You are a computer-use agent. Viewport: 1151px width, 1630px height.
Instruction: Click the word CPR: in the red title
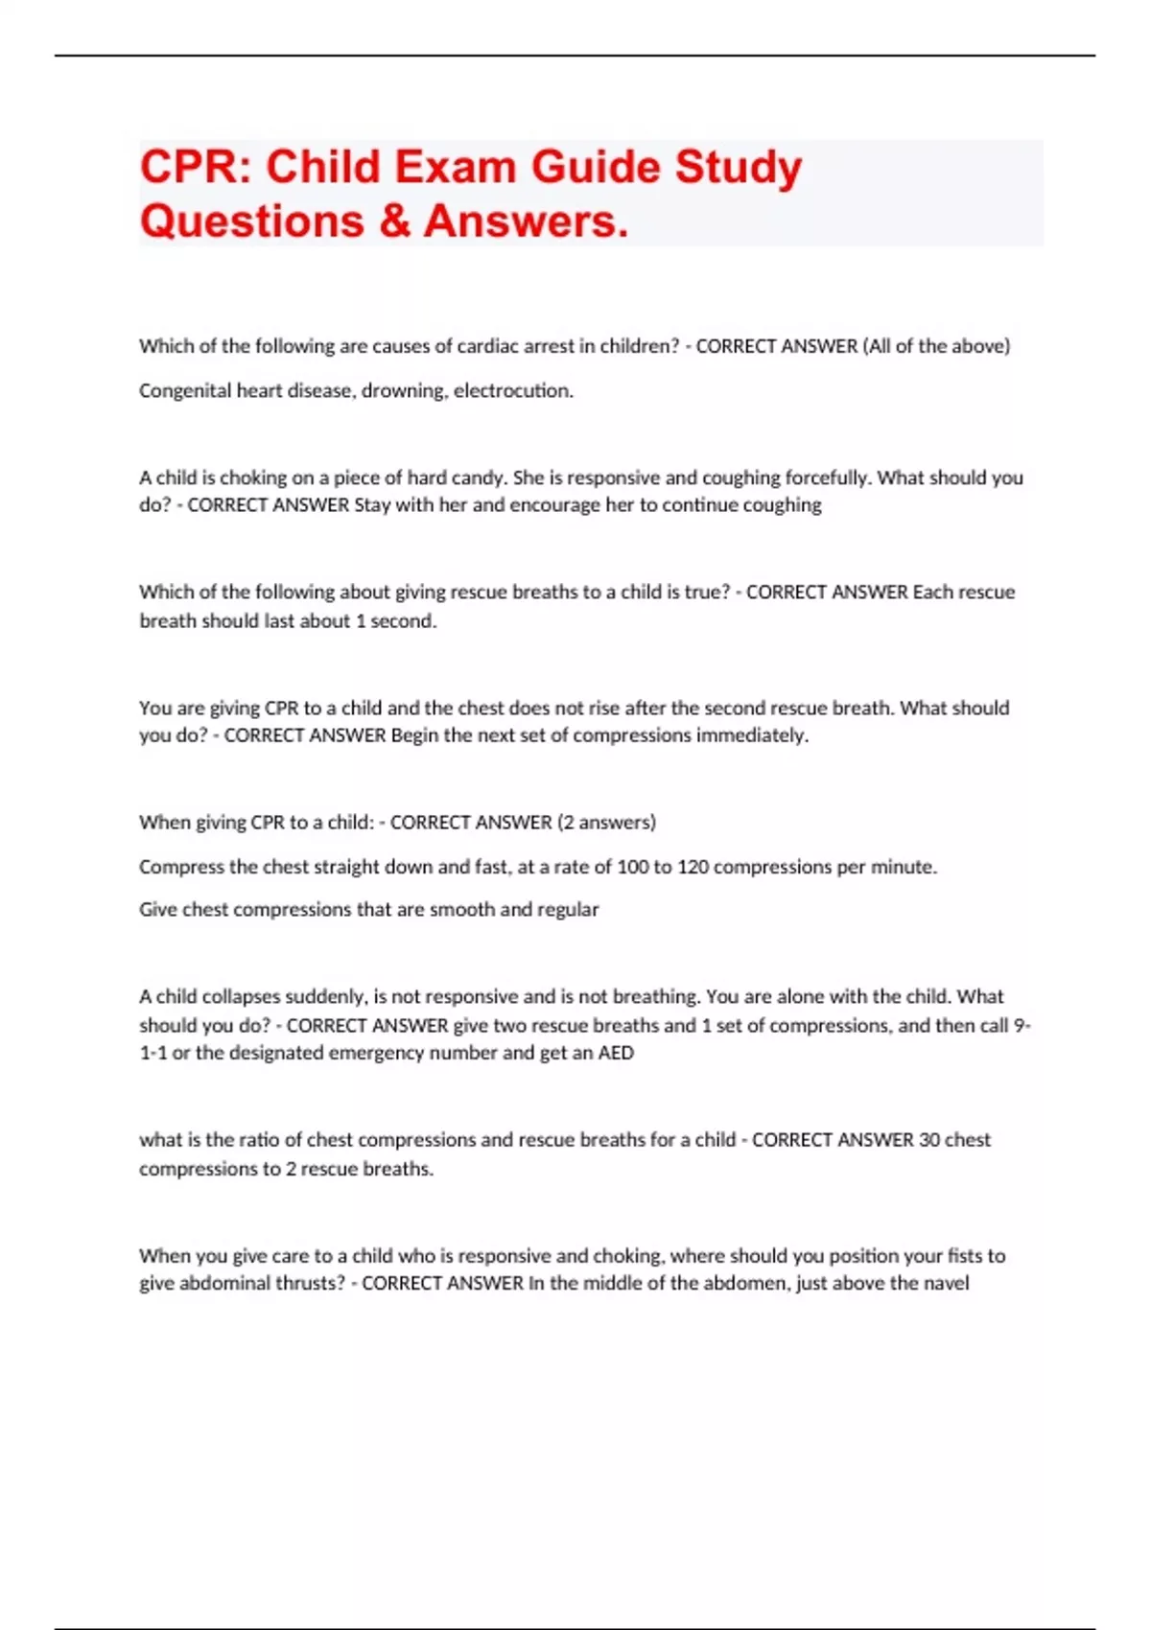tap(196, 168)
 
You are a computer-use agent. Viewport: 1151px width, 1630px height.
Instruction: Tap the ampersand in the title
tap(394, 221)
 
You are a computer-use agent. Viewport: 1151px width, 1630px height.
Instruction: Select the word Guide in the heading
tap(595, 168)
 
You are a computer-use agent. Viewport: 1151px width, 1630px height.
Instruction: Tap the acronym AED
tap(616, 1053)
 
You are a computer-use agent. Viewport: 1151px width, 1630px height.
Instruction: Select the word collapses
tap(241, 996)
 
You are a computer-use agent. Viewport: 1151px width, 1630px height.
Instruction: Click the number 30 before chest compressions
tap(928, 1140)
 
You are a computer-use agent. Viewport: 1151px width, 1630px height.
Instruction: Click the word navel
tap(946, 1283)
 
